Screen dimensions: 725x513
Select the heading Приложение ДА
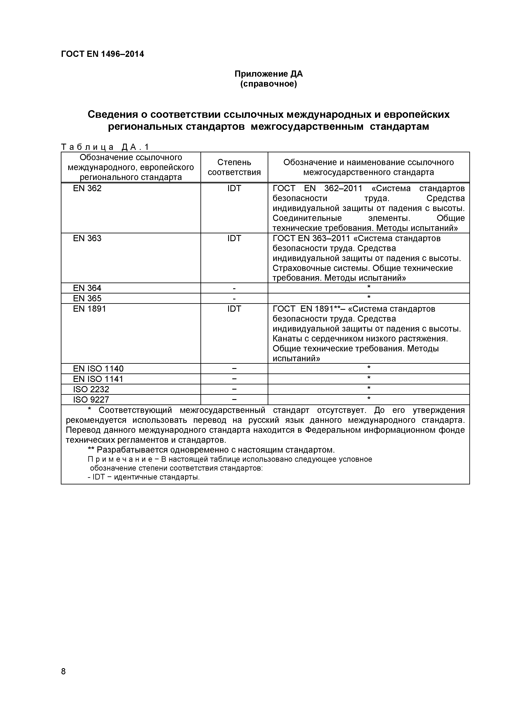point(268,74)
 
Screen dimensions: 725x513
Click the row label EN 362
point(87,188)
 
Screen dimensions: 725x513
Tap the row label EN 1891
point(89,309)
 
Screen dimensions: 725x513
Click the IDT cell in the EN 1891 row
point(234,309)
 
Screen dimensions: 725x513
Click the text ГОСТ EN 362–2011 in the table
point(317,188)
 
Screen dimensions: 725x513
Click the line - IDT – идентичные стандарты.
point(144,477)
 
